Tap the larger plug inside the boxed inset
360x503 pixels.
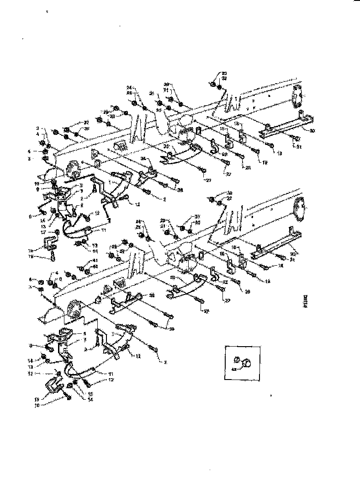point(247,363)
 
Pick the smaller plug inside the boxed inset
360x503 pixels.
point(238,359)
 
